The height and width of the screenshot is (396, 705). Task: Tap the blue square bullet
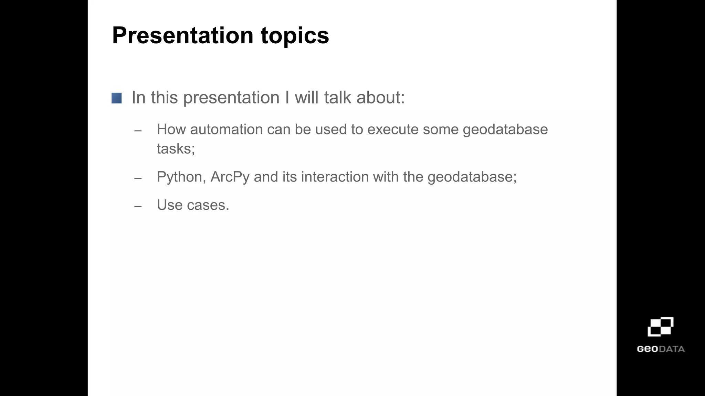pos(116,98)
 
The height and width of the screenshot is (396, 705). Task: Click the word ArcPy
pos(230,177)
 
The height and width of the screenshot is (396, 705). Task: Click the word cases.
pos(208,205)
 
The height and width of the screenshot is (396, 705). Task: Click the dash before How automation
pos(138,131)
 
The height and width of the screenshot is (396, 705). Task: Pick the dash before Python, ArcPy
pos(138,178)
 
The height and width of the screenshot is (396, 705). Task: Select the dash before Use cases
pos(138,207)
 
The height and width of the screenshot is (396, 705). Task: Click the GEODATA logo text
pos(660,349)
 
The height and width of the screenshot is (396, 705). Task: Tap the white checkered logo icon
pos(660,327)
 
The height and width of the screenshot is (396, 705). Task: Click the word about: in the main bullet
pos(380,98)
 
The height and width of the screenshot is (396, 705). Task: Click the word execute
pos(393,130)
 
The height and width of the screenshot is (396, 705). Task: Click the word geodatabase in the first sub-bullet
pos(505,130)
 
